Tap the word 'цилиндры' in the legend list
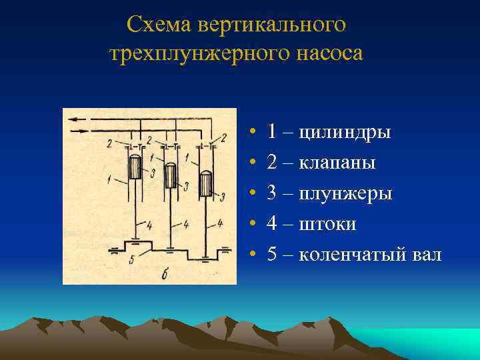click(x=345, y=132)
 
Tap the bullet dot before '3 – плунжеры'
click(x=247, y=194)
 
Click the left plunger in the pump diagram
click(x=135, y=167)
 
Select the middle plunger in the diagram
click(x=171, y=175)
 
